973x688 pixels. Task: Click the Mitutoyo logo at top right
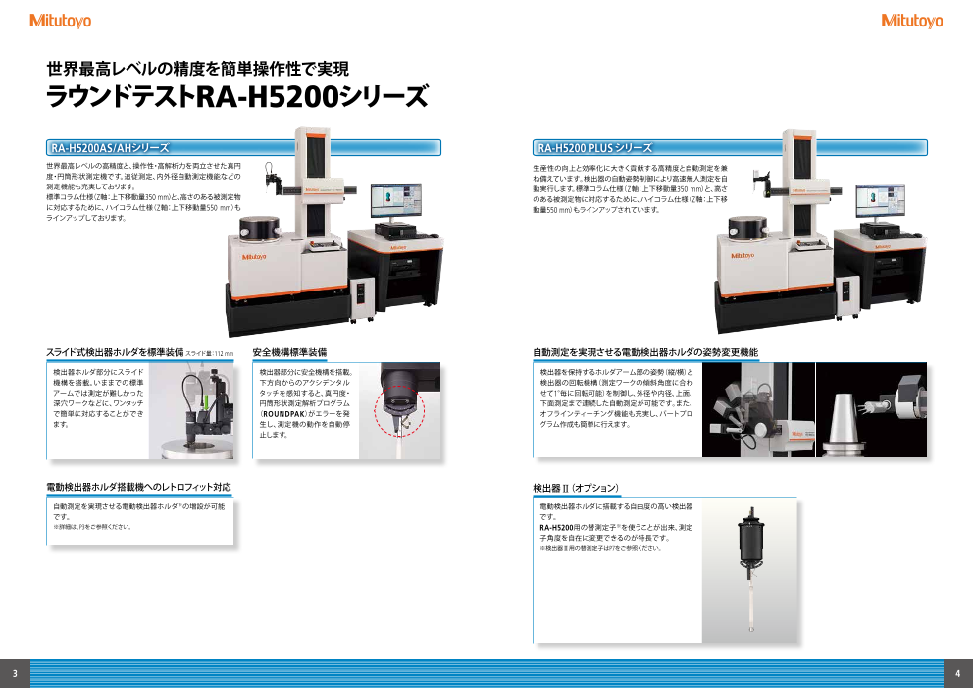coord(911,21)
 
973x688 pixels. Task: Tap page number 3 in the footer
coord(15,673)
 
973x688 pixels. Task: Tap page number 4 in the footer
coord(957,673)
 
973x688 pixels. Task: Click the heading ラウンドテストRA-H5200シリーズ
coord(238,98)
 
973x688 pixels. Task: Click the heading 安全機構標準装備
coord(289,351)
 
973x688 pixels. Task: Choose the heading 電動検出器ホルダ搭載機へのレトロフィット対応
coord(138,487)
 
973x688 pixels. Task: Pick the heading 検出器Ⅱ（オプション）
coord(575,487)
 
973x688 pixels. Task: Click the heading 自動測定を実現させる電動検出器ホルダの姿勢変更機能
coord(644,351)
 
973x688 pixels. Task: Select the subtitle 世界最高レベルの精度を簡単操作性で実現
coord(197,70)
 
